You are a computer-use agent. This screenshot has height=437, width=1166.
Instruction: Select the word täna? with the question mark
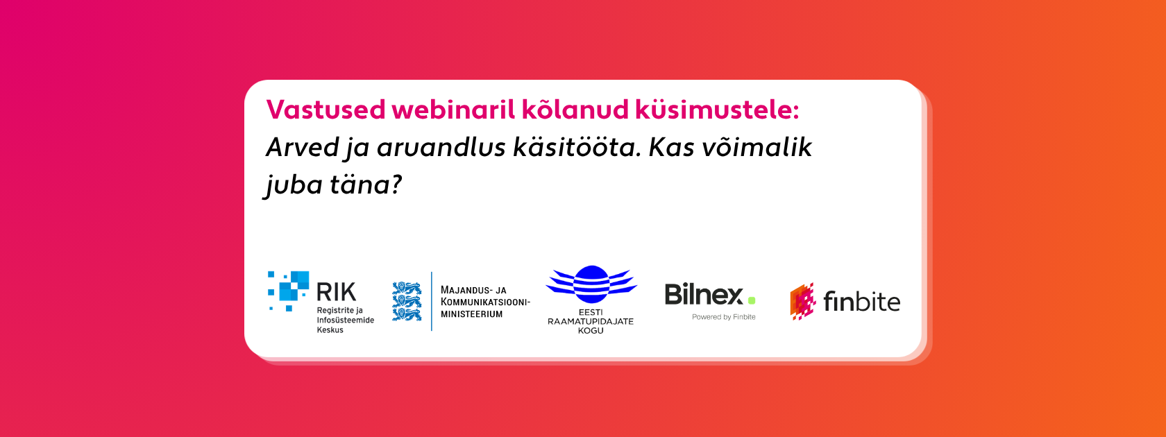[366, 185]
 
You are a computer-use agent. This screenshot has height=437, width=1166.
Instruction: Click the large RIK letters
[336, 292]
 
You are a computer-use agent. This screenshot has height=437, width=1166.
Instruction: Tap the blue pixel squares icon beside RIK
[289, 291]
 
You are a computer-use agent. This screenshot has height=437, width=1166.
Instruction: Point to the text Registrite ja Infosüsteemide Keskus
[345, 320]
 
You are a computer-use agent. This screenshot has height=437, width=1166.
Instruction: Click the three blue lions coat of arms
[407, 301]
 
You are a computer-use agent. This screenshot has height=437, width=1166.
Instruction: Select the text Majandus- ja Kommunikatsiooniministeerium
[485, 302]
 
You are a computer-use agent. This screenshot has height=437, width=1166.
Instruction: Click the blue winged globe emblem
[591, 284]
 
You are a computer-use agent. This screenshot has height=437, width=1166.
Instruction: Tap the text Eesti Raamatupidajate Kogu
[590, 321]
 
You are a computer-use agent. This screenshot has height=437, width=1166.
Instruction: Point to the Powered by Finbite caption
[723, 317]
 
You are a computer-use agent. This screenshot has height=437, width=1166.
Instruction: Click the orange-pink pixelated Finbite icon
[802, 301]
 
